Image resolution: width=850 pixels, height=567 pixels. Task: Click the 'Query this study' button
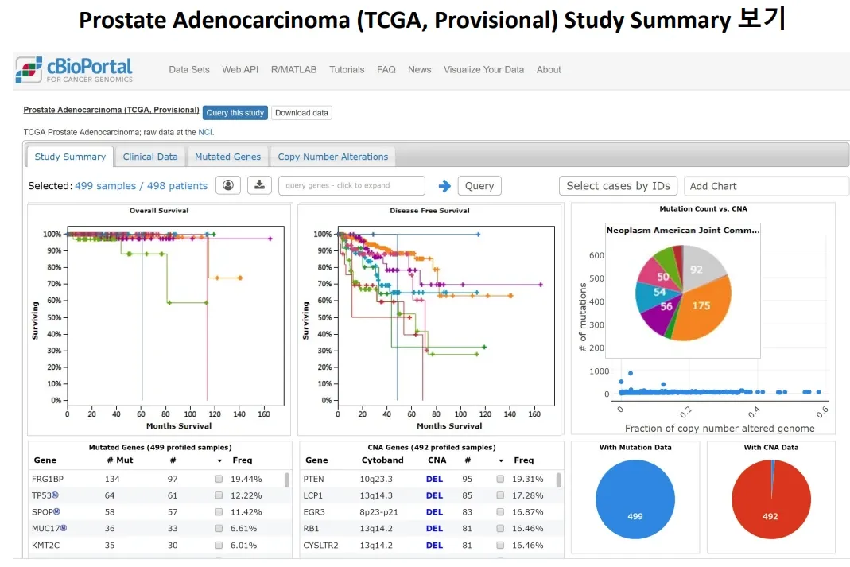[x=235, y=113]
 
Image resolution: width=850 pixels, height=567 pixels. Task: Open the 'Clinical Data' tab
[x=150, y=157]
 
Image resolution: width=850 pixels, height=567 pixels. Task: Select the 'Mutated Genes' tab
[x=227, y=157]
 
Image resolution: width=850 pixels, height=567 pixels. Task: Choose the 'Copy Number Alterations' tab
[x=333, y=157]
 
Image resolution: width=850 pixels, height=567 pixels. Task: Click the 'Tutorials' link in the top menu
[x=347, y=69]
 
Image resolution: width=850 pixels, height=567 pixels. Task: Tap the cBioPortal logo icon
[x=29, y=70]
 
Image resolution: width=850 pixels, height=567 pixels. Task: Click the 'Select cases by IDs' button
[x=618, y=186]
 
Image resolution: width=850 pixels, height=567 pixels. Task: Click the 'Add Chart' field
[x=766, y=186]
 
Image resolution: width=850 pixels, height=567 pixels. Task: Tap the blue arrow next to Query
[x=444, y=186]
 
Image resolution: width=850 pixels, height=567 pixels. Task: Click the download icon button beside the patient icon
[x=260, y=185]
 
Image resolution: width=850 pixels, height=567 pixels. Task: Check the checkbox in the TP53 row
[x=219, y=495]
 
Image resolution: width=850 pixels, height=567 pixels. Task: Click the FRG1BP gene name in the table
[x=48, y=480]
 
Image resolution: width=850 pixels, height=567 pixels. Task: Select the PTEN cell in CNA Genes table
[x=313, y=480]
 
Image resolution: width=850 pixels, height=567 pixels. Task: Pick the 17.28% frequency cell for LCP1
[x=527, y=495]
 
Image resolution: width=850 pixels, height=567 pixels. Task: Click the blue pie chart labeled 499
[x=635, y=499]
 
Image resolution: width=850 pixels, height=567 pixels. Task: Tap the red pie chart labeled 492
[x=770, y=499]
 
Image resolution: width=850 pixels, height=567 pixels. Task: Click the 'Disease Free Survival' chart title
[x=429, y=210]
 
